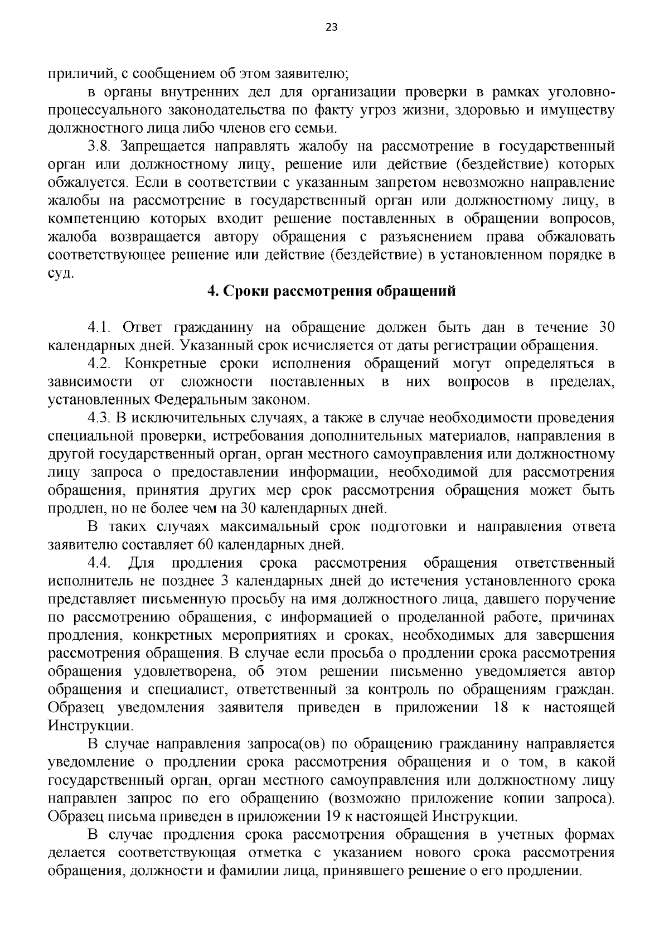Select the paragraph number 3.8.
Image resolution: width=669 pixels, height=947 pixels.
tap(100, 147)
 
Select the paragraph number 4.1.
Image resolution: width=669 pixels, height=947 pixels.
tap(100, 327)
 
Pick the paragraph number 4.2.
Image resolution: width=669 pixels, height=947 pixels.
tap(100, 364)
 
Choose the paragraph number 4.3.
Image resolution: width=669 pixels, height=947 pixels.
tap(100, 418)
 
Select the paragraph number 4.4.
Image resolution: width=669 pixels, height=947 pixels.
tap(100, 563)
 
